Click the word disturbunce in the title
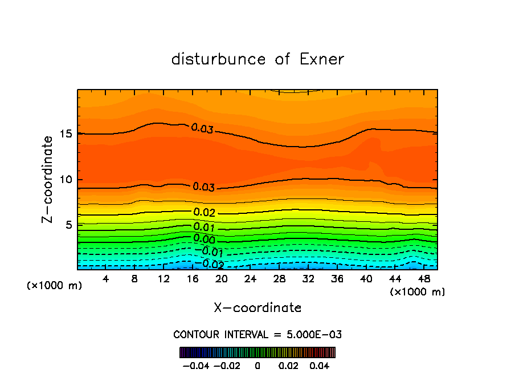point(218,59)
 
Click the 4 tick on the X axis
point(106,279)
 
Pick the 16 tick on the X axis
point(192,279)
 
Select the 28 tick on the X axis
point(279,279)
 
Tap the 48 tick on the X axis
point(423,279)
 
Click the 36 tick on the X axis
point(337,279)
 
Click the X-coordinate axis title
point(257,308)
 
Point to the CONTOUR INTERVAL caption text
point(257,334)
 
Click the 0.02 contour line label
point(204,213)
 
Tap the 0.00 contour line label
point(204,239)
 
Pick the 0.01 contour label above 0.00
point(204,228)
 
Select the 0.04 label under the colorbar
point(320,364)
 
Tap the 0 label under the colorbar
point(257,364)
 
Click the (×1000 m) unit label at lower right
point(417,291)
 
